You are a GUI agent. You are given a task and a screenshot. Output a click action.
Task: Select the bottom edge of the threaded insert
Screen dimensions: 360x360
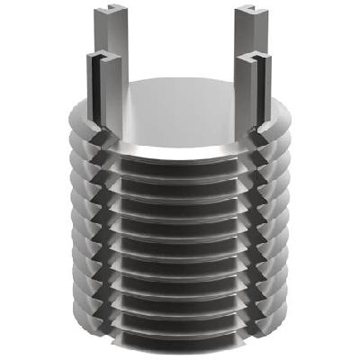180,349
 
